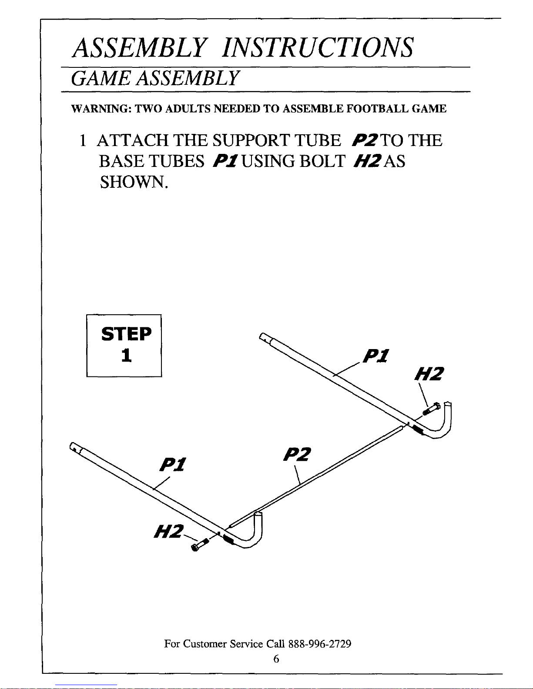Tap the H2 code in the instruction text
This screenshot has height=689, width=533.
point(369,161)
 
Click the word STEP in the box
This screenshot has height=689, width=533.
point(126,334)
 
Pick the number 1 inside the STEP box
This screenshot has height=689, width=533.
point(126,356)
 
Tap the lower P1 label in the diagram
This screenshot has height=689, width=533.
point(173,465)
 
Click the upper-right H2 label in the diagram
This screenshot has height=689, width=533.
point(430,374)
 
